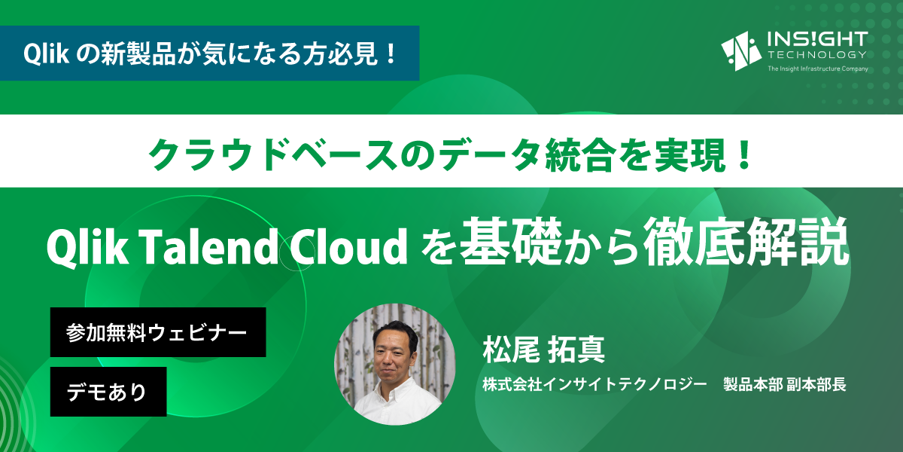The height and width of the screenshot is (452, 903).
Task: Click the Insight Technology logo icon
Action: (x=741, y=51)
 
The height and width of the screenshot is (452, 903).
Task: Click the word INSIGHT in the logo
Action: (x=817, y=39)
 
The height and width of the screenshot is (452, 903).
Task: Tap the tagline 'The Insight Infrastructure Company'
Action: (x=817, y=69)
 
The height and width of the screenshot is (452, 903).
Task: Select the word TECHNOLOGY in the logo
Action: (x=817, y=54)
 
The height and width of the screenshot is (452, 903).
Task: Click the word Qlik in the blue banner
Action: (x=46, y=53)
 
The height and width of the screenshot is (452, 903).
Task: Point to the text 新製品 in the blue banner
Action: (x=138, y=53)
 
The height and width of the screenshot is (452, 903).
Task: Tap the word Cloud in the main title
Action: (x=348, y=246)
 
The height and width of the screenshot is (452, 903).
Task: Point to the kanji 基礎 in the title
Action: (x=511, y=241)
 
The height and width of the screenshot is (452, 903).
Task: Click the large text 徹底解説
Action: (x=746, y=241)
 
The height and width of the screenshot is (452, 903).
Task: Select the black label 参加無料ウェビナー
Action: (x=158, y=332)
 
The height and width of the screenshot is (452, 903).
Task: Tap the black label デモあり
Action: (x=108, y=392)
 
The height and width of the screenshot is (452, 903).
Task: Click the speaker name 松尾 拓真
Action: (x=544, y=350)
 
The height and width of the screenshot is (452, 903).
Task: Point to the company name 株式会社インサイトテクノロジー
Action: (x=594, y=384)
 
